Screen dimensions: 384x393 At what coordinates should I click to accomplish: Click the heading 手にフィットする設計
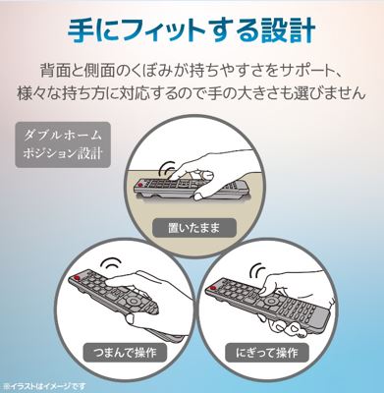click(192, 31)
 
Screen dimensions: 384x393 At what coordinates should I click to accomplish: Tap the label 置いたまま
click(193, 228)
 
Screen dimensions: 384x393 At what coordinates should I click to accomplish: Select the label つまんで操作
click(126, 352)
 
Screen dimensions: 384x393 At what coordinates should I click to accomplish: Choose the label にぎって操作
click(267, 353)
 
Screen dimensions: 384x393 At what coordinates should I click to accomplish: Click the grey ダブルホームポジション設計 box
click(63, 144)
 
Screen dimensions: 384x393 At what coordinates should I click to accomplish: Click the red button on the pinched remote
click(77, 278)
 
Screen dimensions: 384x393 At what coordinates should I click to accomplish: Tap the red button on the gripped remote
click(213, 289)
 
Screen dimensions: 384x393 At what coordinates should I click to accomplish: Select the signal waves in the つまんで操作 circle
click(112, 264)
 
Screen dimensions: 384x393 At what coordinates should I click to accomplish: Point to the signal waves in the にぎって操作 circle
click(257, 270)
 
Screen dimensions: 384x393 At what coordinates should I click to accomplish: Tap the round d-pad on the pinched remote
click(133, 300)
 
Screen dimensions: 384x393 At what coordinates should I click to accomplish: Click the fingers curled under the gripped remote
click(284, 326)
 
